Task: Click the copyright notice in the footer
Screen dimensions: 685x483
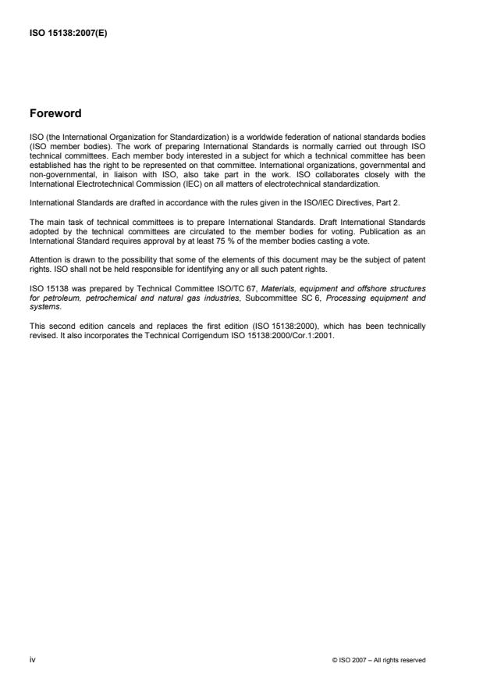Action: [x=378, y=660]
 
